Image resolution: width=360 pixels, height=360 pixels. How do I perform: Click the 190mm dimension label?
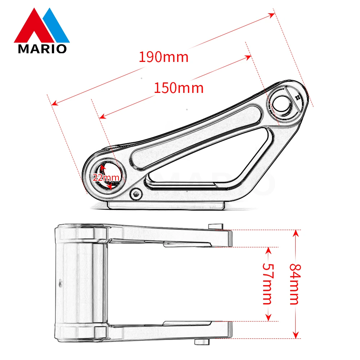164,57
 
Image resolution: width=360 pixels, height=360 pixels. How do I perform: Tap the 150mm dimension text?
179,88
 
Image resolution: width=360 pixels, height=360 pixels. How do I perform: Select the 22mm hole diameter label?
106,177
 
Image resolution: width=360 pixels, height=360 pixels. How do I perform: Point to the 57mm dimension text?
267,284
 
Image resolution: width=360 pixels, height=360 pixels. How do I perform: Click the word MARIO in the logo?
42,49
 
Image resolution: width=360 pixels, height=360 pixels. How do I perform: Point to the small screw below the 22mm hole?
136,194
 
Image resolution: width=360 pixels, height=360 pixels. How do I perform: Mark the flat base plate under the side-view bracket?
166,206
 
